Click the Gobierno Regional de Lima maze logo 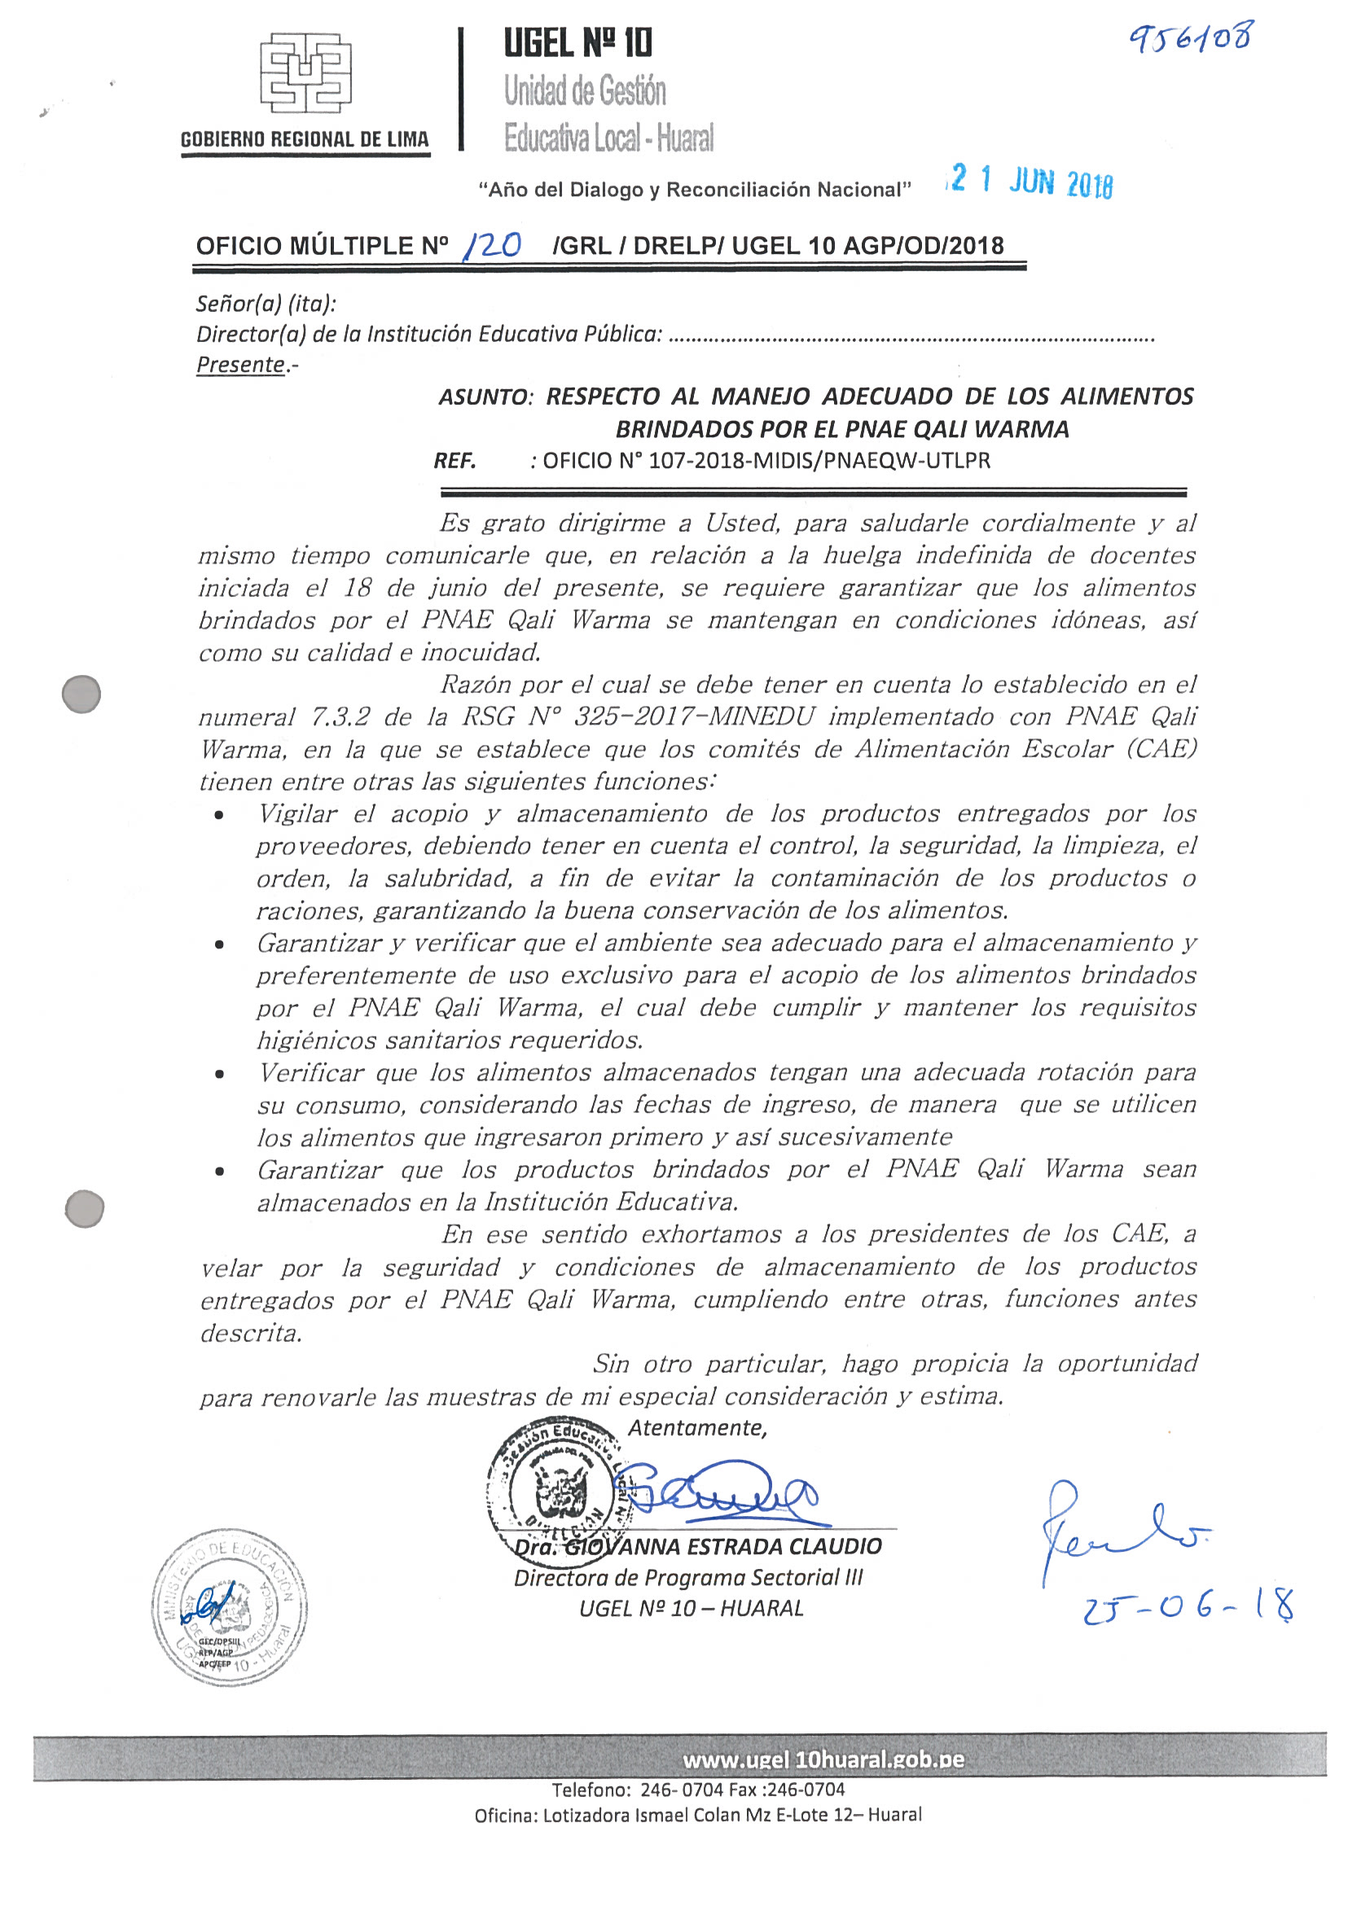(305, 73)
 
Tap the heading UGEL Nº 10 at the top (577, 43)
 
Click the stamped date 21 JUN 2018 (1030, 182)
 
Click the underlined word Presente (241, 365)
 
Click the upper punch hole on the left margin (81, 695)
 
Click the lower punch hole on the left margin (84, 1208)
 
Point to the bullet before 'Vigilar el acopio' (220, 814)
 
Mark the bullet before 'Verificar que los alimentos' (220, 1074)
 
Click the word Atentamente (697, 1427)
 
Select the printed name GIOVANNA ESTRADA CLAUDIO (722, 1547)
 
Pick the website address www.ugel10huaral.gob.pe (823, 1759)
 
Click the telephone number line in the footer (698, 1790)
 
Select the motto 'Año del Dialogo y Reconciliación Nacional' (695, 190)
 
